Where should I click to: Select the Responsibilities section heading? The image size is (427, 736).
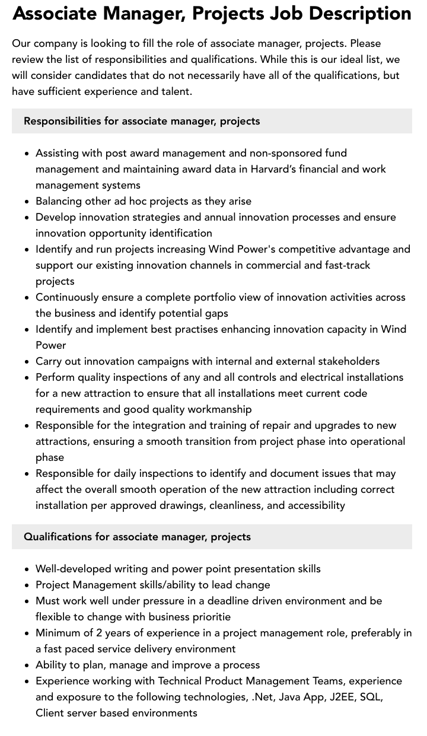[x=142, y=121]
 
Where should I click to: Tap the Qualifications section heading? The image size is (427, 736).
[x=137, y=537]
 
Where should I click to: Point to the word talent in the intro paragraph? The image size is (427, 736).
[x=175, y=91]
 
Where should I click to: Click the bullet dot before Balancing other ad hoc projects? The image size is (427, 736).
[x=27, y=202]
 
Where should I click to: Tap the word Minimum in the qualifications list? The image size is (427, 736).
[x=59, y=633]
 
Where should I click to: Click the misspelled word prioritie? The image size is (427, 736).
[x=208, y=617]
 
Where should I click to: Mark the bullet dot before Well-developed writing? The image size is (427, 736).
[x=27, y=569]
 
